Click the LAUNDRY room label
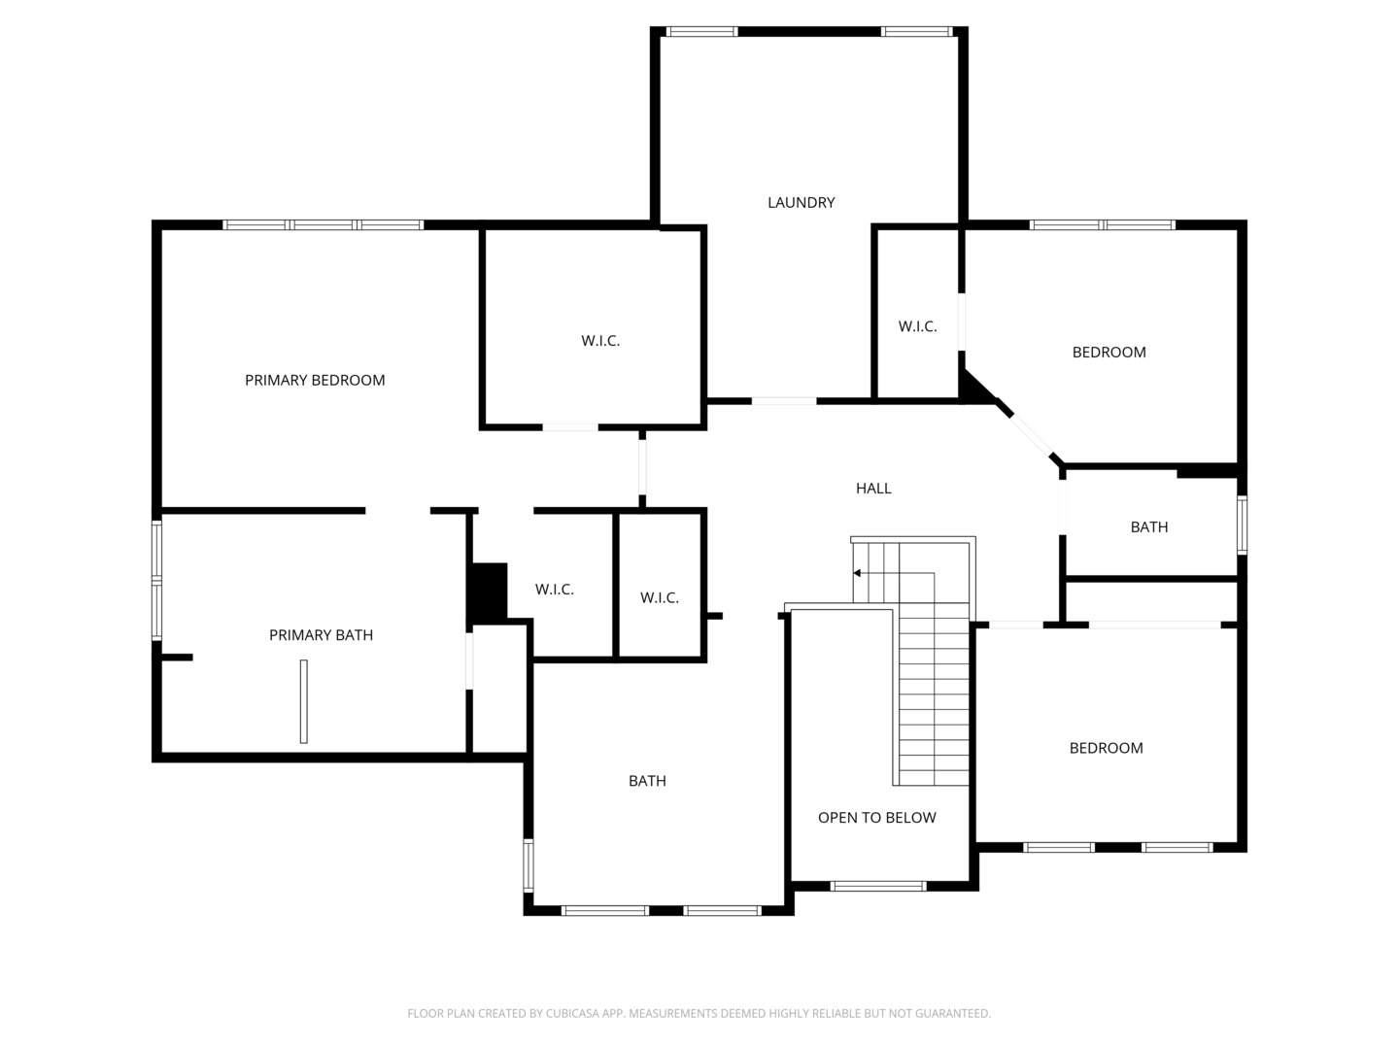(x=801, y=203)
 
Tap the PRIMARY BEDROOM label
(x=315, y=380)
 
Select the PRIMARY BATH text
(x=321, y=635)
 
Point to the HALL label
(x=873, y=489)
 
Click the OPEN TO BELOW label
(x=877, y=818)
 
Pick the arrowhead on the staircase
(x=857, y=573)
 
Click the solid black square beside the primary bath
(x=489, y=592)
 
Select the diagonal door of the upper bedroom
(x=1030, y=436)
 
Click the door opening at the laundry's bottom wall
(x=784, y=401)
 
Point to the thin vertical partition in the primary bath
(x=304, y=701)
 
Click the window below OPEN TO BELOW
(x=878, y=886)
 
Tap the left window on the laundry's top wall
(x=701, y=32)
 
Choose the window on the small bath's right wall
(x=1243, y=524)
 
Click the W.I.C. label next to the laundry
(x=917, y=326)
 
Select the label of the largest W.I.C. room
(x=600, y=341)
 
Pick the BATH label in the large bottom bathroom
(x=647, y=781)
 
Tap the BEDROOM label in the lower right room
(x=1106, y=748)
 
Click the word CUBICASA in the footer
(x=569, y=1013)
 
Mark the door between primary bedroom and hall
(x=642, y=467)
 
